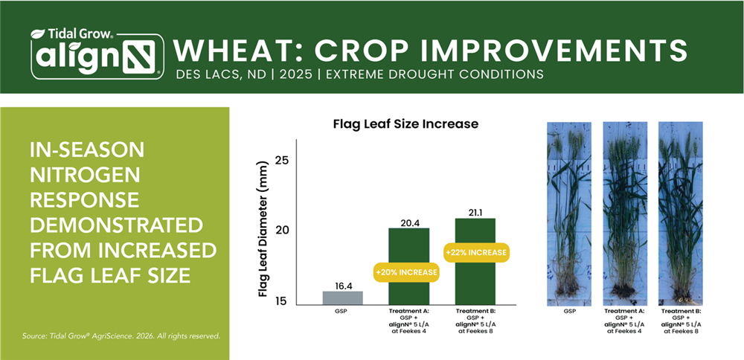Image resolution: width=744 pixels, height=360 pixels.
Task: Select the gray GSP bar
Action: click(343, 297)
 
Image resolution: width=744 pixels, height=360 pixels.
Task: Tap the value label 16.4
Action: click(343, 284)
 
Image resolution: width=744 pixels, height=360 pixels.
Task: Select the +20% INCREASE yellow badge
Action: click(406, 272)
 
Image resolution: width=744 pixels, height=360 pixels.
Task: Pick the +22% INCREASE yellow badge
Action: click(475, 252)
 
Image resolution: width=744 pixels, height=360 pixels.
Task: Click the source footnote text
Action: click(121, 336)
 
